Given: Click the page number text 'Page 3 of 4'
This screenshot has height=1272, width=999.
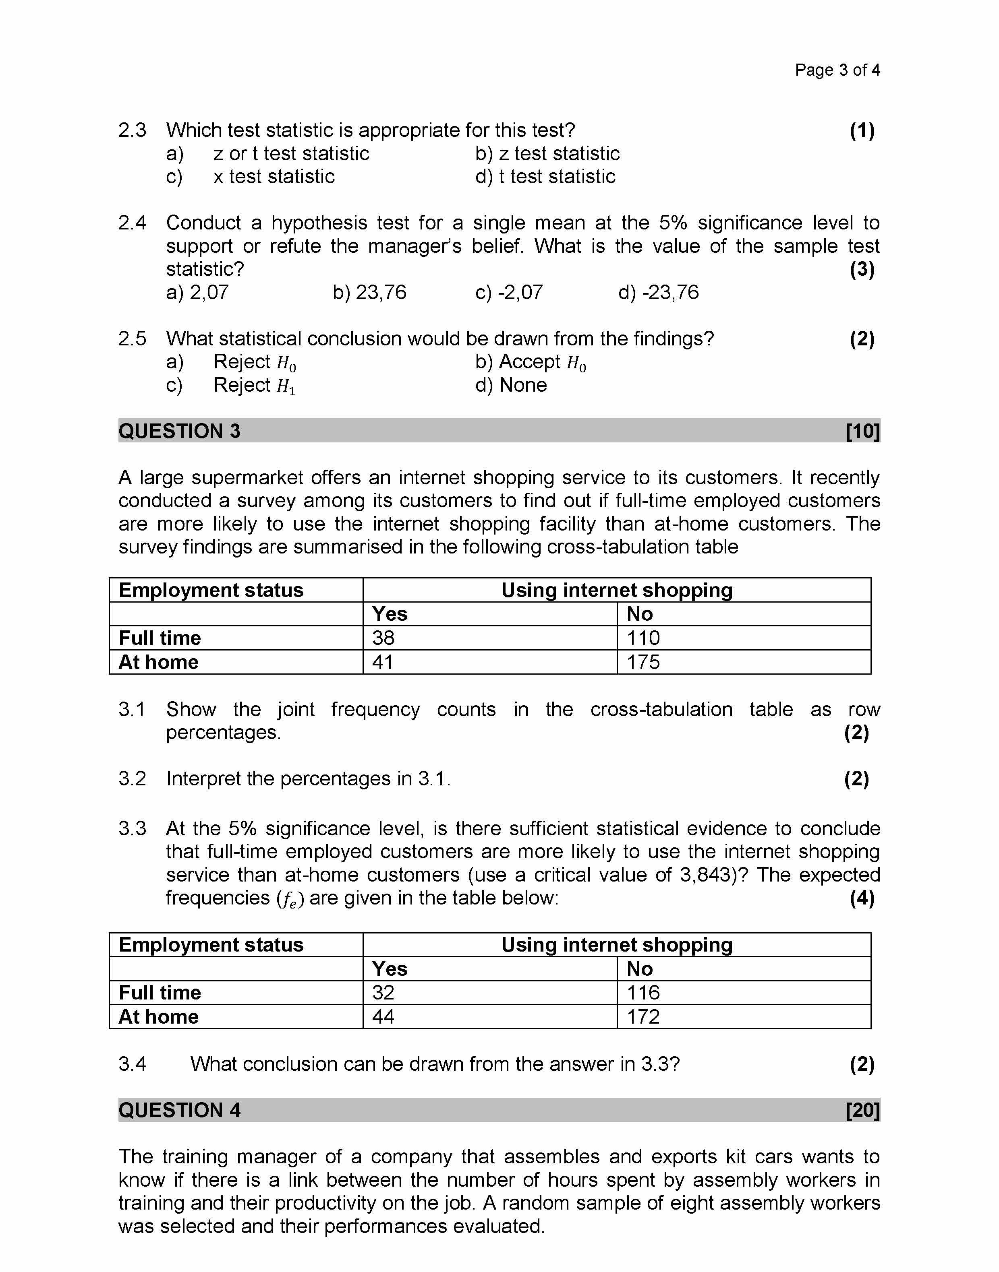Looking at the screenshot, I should coord(837,70).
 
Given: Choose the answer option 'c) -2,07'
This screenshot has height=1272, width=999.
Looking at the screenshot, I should coord(509,292).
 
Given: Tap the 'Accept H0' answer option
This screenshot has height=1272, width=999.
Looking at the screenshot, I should coord(531,362).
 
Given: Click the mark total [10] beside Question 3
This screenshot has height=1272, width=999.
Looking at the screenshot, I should coord(862,432).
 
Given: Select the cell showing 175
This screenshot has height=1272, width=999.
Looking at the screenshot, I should coord(643,662).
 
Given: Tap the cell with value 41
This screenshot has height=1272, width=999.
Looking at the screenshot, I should coord(383,662).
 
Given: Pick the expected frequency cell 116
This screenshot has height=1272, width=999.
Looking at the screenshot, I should coord(643,993).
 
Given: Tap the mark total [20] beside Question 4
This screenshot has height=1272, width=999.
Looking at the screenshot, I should coord(862,1110).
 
